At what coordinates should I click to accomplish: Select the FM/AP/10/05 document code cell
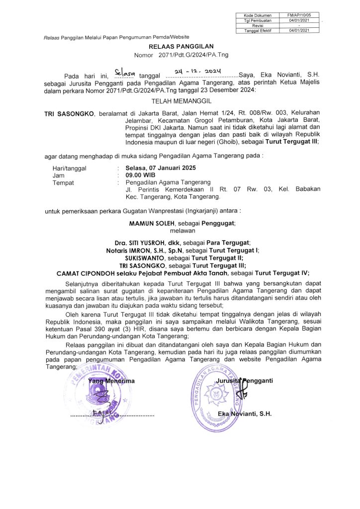coord(299,15)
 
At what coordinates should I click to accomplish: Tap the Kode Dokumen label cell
coord(257,15)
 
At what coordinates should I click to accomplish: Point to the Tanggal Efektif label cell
coord(257,30)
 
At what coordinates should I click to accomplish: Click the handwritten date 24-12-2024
coord(199,73)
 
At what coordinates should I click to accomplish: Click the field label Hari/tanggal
coord(69,168)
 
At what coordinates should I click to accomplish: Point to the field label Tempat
coord(63,182)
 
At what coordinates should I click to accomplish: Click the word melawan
coord(182,231)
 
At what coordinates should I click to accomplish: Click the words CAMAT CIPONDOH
coord(84,272)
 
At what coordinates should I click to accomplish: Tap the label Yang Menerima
coord(111,381)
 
